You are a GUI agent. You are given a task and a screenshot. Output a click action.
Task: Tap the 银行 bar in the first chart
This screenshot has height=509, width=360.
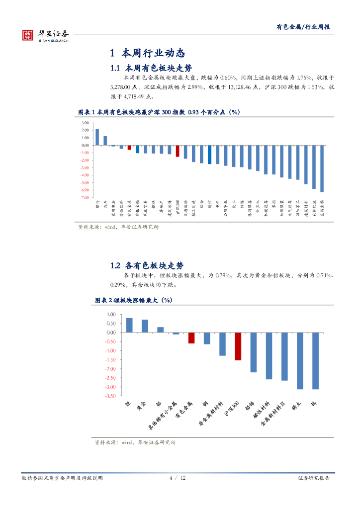click(97, 137)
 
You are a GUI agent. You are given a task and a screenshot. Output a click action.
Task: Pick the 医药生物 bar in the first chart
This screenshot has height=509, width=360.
click(322, 169)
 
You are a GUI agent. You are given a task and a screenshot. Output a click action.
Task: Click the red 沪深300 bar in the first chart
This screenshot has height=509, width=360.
click(178, 151)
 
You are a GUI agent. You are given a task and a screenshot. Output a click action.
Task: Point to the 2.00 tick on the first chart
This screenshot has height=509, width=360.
click(85, 130)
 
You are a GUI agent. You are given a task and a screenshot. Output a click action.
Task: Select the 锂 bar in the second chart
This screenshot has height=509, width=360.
click(129, 325)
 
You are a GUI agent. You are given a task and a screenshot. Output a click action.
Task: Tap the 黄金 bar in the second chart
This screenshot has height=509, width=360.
click(145, 326)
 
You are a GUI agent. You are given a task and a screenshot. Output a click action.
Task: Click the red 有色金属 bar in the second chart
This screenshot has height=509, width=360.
click(191, 338)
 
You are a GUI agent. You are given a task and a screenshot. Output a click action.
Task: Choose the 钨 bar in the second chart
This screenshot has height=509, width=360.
click(315, 361)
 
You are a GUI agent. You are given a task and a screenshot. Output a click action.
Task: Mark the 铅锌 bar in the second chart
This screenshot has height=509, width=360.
click(254, 352)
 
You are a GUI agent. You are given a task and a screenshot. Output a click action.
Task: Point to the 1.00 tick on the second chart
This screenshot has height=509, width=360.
click(111, 315)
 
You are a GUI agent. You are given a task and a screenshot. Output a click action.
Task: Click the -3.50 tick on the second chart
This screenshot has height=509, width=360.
click(110, 396)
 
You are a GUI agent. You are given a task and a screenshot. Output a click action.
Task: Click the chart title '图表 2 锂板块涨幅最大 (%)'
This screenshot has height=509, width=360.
click(133, 300)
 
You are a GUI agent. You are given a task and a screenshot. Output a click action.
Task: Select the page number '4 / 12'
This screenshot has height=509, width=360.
click(178, 478)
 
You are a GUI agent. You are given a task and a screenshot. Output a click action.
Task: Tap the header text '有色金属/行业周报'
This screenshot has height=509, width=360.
click(303, 27)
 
